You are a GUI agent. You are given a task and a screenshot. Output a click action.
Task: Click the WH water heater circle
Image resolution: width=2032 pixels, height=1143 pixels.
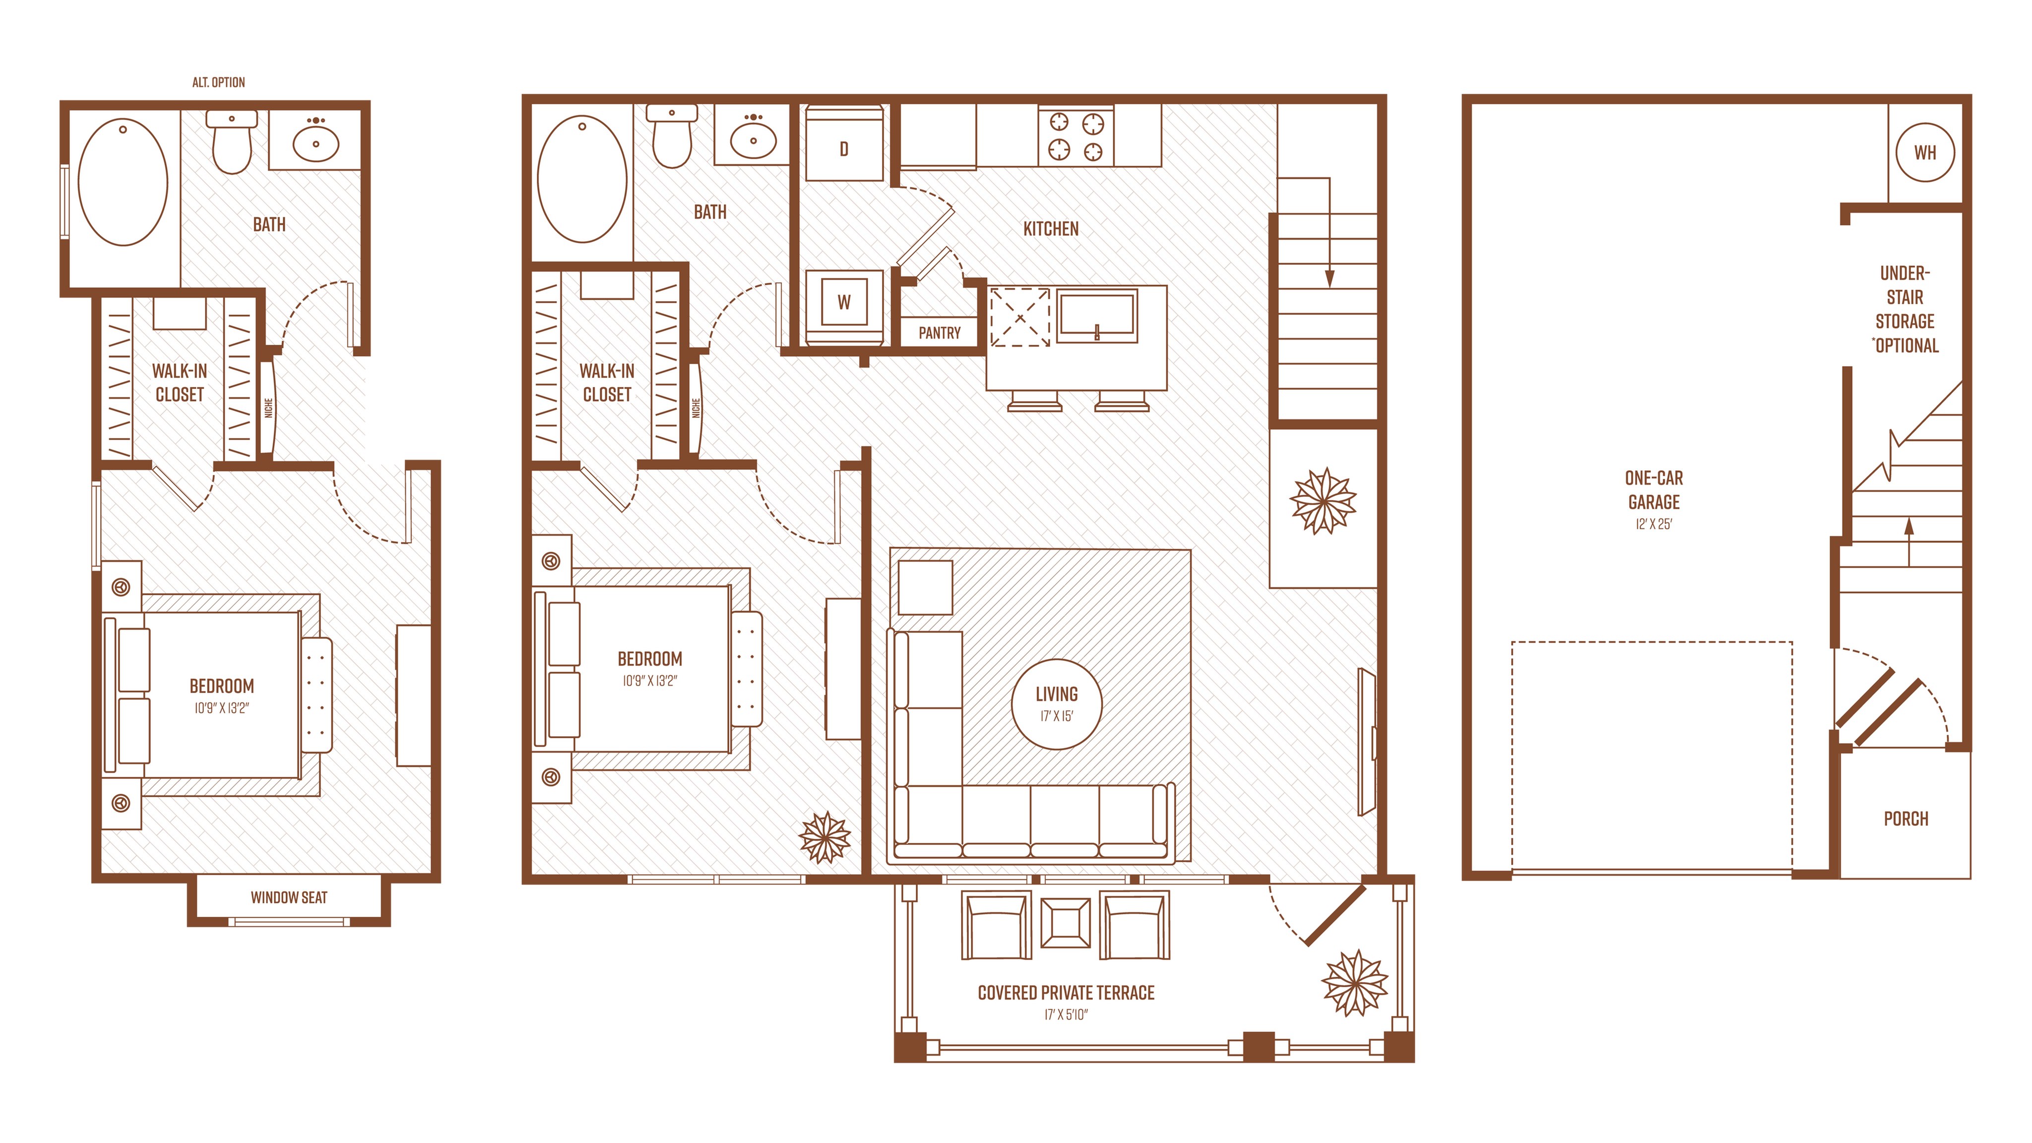(x=1925, y=152)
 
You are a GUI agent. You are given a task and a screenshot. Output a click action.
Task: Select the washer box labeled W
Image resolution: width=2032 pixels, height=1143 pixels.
(x=843, y=302)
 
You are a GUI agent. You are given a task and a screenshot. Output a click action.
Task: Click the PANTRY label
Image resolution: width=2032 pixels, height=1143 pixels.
(x=940, y=333)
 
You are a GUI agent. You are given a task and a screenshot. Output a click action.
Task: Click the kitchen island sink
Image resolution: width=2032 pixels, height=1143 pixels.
(x=1096, y=316)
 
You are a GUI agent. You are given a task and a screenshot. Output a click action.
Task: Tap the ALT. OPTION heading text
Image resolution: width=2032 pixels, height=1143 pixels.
(x=218, y=82)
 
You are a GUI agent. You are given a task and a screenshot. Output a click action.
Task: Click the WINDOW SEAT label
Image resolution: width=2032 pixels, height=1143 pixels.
(x=289, y=897)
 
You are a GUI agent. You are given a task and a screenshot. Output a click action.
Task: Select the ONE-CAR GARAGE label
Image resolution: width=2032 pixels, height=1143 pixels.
(x=1653, y=490)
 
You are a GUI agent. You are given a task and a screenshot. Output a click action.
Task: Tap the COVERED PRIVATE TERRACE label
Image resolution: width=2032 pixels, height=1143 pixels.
(x=1066, y=993)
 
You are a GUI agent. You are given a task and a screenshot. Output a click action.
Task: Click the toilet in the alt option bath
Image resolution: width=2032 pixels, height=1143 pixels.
(x=232, y=141)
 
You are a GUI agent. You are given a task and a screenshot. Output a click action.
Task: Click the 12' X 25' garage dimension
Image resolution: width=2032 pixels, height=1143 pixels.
(x=1653, y=524)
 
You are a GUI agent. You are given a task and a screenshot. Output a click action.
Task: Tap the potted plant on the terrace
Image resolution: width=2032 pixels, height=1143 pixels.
(x=1354, y=983)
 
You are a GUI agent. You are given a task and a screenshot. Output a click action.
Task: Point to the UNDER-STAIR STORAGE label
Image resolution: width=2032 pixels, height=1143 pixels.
(x=1905, y=309)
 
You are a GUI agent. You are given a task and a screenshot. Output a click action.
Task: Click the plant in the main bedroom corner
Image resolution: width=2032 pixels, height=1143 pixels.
(x=825, y=837)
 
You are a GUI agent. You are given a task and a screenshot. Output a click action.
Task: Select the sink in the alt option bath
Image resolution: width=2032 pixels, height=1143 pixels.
(x=316, y=140)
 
